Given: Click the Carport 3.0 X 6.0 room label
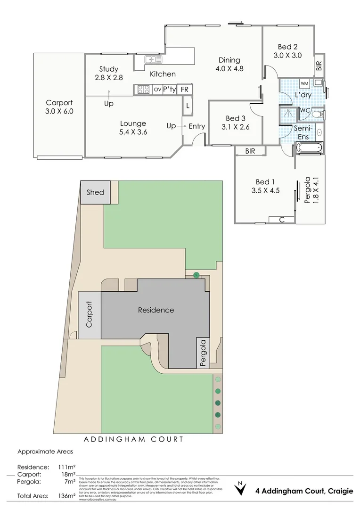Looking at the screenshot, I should pos(59,107).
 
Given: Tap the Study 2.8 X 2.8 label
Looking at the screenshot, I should pos(108,74).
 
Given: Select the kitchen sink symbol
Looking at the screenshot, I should pos(151,59).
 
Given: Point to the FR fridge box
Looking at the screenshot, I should pos(185,89).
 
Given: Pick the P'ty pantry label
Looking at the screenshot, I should pos(170,89).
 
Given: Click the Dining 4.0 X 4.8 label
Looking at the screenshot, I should pos(229,64).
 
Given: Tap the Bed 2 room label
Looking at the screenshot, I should pos(287,50).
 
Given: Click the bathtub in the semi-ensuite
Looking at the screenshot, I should pos(310,148).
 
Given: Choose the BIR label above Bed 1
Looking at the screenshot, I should pos(250,151).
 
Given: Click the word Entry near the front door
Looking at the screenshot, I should pos(196,126).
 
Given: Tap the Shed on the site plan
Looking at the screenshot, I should pos(95,192).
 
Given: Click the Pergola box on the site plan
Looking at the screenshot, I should pos(203,353).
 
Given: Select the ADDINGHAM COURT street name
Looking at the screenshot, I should pos(133,439).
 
